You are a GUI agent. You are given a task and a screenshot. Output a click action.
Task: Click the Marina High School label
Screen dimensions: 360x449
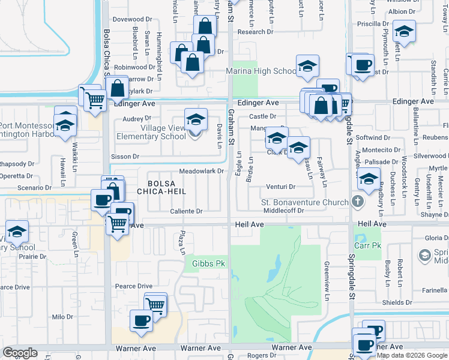pos(261,71)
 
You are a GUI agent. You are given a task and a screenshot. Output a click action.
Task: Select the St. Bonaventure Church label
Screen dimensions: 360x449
pos(304,202)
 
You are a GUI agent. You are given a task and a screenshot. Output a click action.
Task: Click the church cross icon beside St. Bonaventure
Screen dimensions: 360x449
pos(358,202)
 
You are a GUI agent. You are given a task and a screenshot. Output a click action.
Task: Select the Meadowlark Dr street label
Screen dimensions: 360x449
pos(197,171)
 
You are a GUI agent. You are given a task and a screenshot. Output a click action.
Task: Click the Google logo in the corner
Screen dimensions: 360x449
pos(20,353)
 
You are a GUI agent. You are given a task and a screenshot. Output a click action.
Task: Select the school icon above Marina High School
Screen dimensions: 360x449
pos(307,67)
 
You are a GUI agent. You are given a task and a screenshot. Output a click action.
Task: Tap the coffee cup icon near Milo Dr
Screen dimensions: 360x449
pos(141,321)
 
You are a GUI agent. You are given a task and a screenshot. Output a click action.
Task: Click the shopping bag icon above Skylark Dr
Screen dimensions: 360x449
pos(118,88)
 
